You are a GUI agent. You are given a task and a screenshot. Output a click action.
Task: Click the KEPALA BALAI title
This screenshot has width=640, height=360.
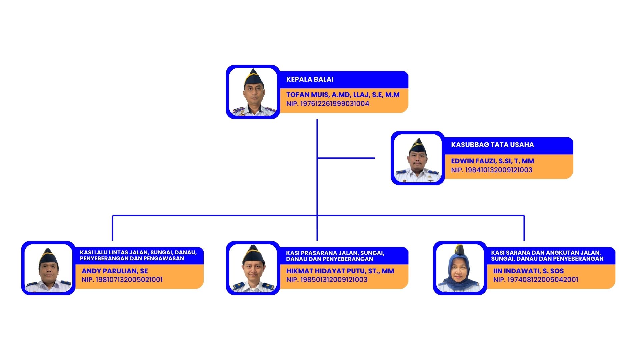[x=310, y=79]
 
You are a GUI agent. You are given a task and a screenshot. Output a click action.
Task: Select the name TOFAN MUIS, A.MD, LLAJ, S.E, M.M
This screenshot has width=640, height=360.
[x=343, y=95]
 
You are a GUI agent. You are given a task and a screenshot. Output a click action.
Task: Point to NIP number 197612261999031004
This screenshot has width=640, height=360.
[x=328, y=104]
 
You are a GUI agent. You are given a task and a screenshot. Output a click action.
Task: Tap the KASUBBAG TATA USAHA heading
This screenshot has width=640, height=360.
[x=492, y=145]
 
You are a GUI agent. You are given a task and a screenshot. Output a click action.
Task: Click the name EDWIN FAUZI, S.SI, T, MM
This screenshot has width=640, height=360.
[x=492, y=161]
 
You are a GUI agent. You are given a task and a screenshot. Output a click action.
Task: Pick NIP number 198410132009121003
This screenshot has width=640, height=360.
[x=492, y=170]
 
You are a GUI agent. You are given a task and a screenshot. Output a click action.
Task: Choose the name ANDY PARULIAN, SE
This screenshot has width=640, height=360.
[x=115, y=271]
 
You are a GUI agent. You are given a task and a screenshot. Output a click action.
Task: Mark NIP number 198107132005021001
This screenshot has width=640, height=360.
[x=122, y=280]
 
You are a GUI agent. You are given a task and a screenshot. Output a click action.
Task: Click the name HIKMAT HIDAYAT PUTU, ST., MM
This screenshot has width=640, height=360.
[x=340, y=271]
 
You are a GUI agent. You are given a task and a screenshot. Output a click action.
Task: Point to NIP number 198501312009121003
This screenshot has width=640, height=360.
[x=327, y=280]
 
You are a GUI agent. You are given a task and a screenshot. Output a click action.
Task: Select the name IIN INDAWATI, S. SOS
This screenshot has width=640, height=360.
[x=528, y=271]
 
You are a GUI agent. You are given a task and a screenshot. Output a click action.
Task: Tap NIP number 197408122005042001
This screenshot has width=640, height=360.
[x=536, y=280]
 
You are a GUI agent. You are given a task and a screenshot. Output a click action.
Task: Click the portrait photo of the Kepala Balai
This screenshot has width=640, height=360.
[x=253, y=92]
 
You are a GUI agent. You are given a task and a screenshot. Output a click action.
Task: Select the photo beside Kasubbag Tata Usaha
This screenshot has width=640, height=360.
[x=418, y=158]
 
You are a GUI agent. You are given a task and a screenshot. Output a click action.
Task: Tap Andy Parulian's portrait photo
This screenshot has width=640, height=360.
[x=48, y=268]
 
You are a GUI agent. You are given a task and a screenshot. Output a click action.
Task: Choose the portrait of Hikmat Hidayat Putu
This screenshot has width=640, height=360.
[x=253, y=268]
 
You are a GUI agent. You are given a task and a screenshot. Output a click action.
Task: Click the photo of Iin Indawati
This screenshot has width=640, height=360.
[x=460, y=268]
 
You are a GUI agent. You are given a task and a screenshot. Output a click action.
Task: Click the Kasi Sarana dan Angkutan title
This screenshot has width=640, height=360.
[x=547, y=256]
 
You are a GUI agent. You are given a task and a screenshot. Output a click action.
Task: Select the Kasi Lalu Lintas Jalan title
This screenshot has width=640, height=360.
[x=138, y=255]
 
